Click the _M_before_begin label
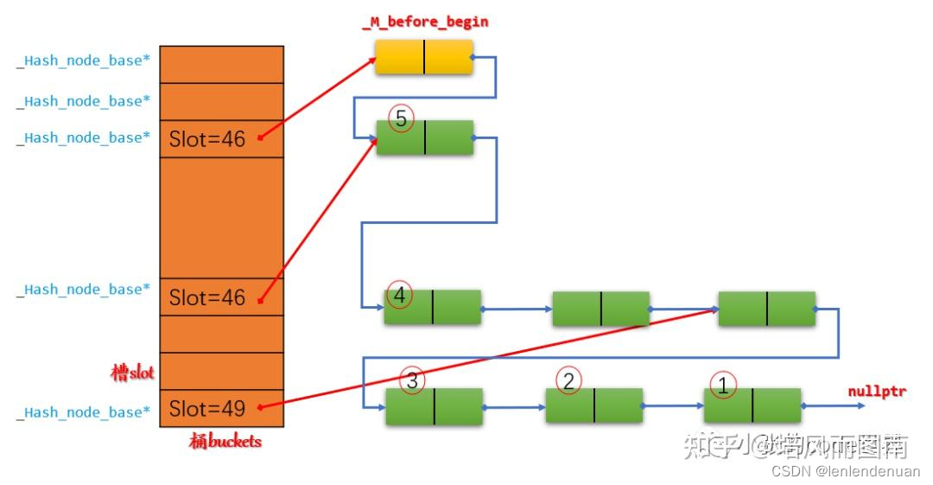425,22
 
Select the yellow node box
423,56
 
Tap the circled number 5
401,118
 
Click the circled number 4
399,295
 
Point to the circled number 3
412,380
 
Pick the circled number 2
568,380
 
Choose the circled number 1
723,385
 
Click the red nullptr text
877,392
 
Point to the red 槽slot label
132,373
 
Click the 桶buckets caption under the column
225,442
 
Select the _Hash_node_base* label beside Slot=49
83,412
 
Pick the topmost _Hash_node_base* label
83,61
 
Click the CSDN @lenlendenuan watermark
845,471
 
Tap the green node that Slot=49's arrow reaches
766,309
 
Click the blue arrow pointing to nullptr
824,405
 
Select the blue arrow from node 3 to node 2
514,406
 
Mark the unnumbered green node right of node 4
600,309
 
